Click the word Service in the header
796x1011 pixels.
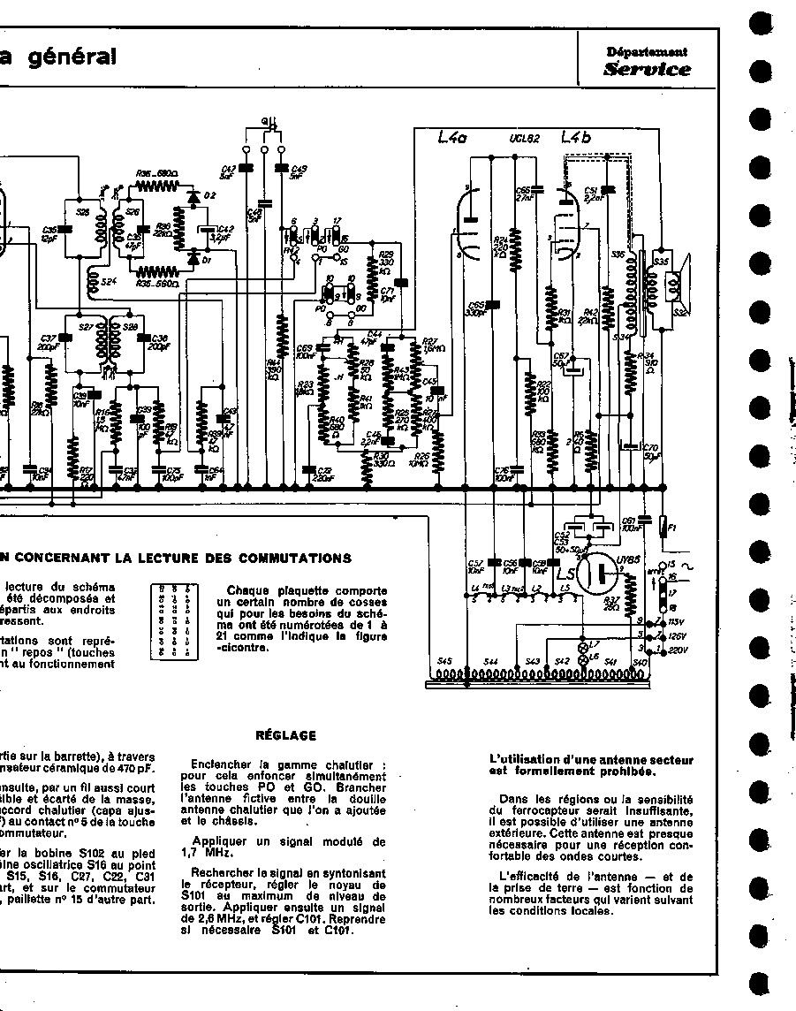(x=647, y=69)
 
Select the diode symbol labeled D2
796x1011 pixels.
(x=193, y=194)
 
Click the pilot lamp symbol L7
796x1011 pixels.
(x=582, y=645)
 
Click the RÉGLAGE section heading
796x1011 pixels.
(x=285, y=734)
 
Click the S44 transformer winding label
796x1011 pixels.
(x=491, y=662)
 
